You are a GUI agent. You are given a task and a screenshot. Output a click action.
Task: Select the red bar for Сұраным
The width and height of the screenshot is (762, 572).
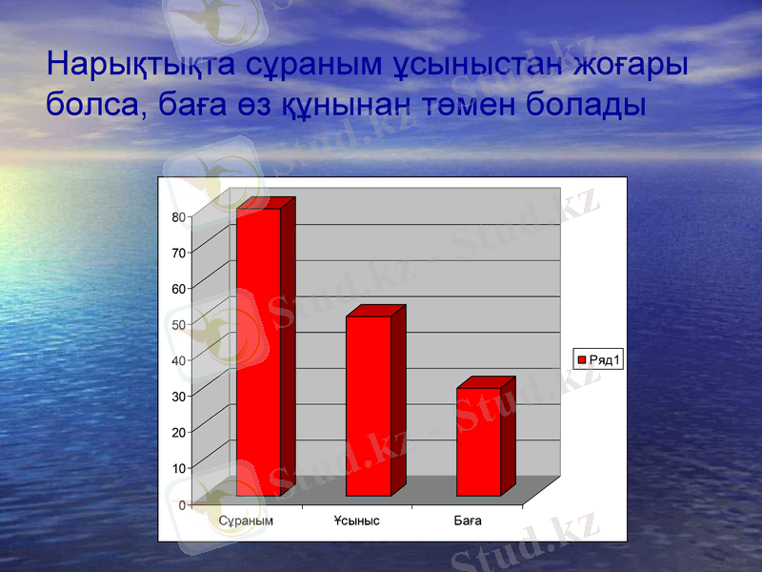pos(258,353)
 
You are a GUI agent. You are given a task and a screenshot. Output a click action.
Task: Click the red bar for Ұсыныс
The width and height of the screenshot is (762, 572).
pos(368,406)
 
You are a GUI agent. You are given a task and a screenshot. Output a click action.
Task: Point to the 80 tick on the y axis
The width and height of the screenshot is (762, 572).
pos(179,217)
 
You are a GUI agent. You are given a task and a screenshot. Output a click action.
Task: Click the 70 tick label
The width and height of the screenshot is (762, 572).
pos(179,254)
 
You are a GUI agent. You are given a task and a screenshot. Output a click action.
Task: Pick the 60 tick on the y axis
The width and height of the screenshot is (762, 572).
pos(179,289)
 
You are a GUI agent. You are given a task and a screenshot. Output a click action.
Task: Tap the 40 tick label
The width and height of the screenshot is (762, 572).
pos(179,361)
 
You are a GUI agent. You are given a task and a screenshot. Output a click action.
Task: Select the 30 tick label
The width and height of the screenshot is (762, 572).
pos(179,397)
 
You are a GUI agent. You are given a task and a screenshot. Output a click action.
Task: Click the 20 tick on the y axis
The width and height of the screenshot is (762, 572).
pos(179,433)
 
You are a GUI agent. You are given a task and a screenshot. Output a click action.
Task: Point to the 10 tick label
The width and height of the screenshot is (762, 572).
pos(179,468)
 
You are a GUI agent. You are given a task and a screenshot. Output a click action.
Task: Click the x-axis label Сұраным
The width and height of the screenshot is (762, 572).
pos(246,521)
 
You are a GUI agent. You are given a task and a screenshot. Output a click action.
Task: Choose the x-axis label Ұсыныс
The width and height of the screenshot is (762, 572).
pos(356,521)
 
